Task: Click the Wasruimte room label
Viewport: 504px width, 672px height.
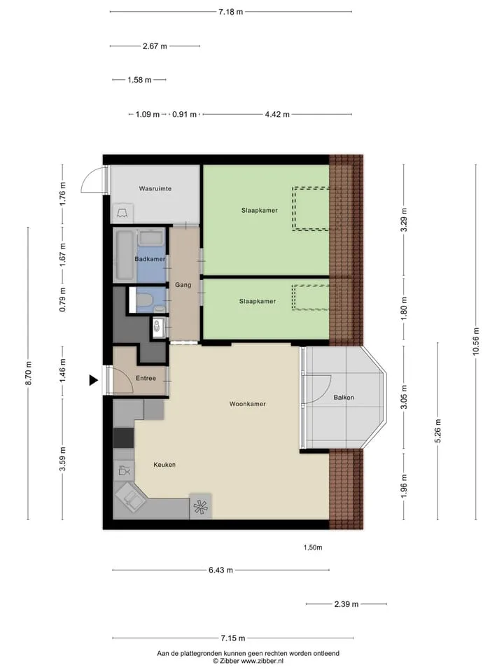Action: (155, 188)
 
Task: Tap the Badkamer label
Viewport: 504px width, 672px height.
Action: (150, 259)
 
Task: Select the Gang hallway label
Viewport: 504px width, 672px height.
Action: (183, 285)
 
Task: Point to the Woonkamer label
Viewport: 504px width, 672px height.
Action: (247, 404)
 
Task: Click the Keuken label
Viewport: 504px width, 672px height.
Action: (164, 465)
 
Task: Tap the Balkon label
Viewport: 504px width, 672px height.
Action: (344, 398)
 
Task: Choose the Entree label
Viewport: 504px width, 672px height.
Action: (146, 379)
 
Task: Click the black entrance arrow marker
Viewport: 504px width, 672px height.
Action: (93, 380)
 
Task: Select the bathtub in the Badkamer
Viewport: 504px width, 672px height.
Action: (125, 255)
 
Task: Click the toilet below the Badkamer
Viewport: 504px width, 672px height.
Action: (143, 300)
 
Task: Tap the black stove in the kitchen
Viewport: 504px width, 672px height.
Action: (123, 438)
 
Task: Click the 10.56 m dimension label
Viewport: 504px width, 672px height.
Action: (476, 342)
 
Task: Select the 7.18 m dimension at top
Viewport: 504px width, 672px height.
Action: (230, 12)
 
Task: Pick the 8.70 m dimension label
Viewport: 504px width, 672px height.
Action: (29, 373)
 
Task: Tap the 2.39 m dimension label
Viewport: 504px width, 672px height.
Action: (346, 604)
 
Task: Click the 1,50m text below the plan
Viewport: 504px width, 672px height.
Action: (313, 547)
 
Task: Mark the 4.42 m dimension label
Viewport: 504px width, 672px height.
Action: (277, 114)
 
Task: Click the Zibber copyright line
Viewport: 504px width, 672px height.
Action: (248, 661)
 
